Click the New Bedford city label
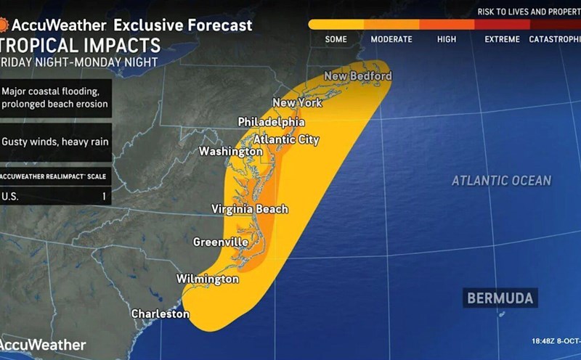click(x=357, y=76)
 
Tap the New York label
click(x=296, y=103)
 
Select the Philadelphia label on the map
click(x=271, y=122)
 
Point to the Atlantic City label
click(x=286, y=139)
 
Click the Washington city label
click(x=231, y=151)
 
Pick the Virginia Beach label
click(x=250, y=209)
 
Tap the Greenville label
click(x=220, y=242)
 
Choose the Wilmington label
click(x=207, y=279)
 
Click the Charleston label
click(x=160, y=314)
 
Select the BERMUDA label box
click(x=500, y=298)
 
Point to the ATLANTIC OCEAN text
click(x=501, y=181)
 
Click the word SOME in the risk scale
click(x=336, y=39)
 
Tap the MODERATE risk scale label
click(x=391, y=39)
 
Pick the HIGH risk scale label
click(x=447, y=39)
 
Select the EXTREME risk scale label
click(x=502, y=39)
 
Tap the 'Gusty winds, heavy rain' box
click(x=55, y=142)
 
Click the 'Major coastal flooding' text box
click(x=55, y=98)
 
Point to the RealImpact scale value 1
click(x=104, y=196)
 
